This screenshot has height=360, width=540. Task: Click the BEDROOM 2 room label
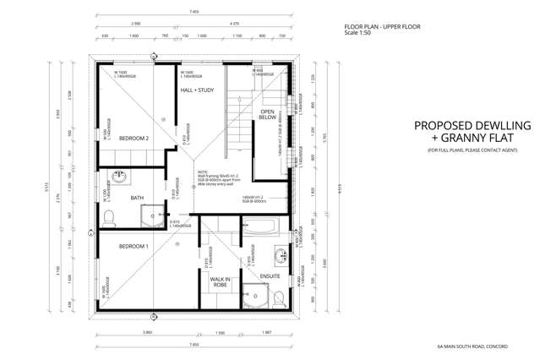[134, 138]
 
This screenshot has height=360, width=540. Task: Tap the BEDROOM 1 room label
[134, 246]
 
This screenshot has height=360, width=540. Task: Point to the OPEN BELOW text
[268, 115]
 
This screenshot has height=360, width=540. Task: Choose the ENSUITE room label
[270, 275]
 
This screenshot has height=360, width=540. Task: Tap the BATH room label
[137, 198]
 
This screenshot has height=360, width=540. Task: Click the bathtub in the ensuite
[264, 226]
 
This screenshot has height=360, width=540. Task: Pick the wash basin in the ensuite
[279, 254]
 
